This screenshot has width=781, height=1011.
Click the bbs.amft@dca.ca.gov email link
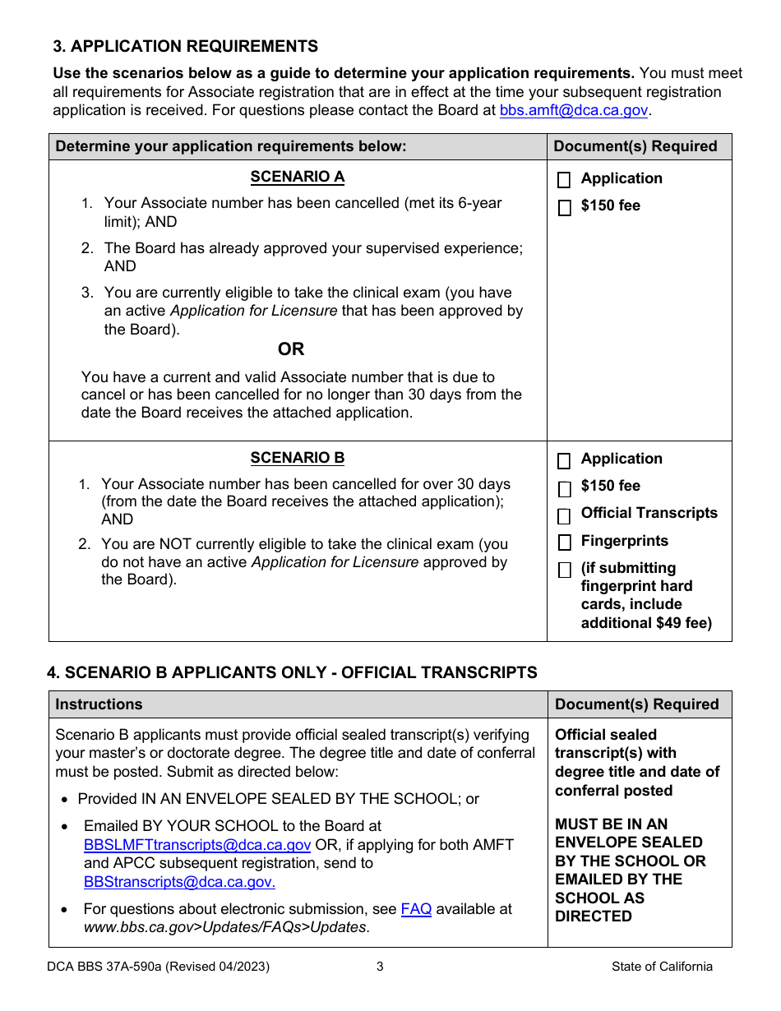click(574, 110)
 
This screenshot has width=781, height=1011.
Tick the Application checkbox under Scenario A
click(564, 180)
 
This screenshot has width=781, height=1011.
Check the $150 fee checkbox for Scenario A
click(564, 208)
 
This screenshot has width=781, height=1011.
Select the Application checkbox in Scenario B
click(564, 460)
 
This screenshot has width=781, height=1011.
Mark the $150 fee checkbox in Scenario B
click(564, 489)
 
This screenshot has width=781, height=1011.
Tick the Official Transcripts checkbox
click(564, 516)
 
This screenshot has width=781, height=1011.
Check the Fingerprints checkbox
click(564, 542)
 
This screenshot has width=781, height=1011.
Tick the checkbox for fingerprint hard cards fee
click(564, 570)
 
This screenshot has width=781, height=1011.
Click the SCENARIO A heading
click(298, 177)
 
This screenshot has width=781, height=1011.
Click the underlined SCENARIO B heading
click(298, 458)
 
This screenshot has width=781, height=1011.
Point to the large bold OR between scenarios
click(291, 349)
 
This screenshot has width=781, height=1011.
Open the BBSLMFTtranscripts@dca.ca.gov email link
click(197, 845)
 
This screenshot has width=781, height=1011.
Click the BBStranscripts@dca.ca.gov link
click(179, 882)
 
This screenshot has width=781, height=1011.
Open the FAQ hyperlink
click(416, 909)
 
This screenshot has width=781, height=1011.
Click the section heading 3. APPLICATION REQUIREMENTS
click(186, 46)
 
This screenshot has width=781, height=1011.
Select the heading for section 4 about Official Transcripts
click(292, 672)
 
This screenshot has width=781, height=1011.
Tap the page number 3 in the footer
click(380, 967)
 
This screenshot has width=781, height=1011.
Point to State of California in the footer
click(662, 967)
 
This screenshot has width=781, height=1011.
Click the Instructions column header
click(99, 704)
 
